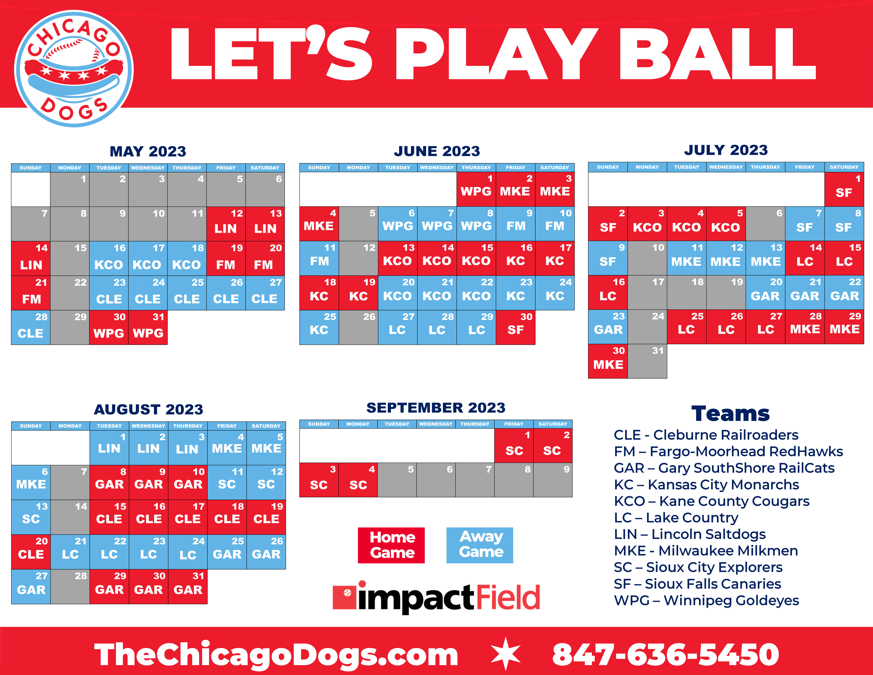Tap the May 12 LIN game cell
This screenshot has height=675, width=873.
click(226, 224)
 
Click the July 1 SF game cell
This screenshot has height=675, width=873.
click(844, 189)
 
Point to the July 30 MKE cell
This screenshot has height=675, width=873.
click(608, 361)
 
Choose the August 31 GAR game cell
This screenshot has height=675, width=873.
click(188, 586)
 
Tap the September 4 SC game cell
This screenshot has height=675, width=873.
click(358, 480)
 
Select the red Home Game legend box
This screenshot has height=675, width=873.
click(391, 545)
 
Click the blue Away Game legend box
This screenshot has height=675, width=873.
click(480, 545)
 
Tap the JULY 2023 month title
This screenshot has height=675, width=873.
click(726, 150)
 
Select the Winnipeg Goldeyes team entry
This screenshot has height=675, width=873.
click(706, 600)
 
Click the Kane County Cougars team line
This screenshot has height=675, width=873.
click(712, 501)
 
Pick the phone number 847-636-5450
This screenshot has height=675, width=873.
click(666, 655)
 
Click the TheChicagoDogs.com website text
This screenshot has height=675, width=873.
click(276, 655)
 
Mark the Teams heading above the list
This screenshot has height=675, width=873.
click(730, 413)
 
